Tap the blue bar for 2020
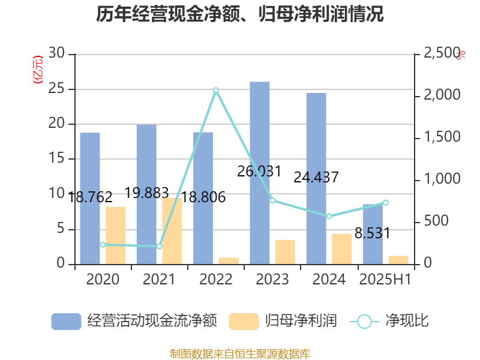coord(90,198)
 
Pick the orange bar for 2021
coord(172,231)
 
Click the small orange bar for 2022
coord(229,260)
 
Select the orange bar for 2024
coord(342,248)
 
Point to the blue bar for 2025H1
coord(373,234)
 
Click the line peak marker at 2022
coord(216,90)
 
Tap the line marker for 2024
coord(329,216)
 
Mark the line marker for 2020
coord(103,245)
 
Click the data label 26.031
coord(259,172)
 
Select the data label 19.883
coord(146,193)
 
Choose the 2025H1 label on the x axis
coord(385,279)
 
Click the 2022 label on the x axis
coord(216,279)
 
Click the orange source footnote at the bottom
coord(239,353)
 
